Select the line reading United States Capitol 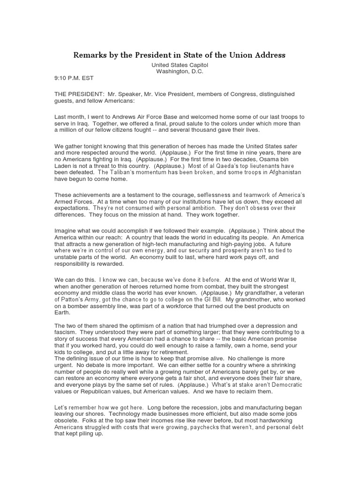180,66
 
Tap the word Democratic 285,385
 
